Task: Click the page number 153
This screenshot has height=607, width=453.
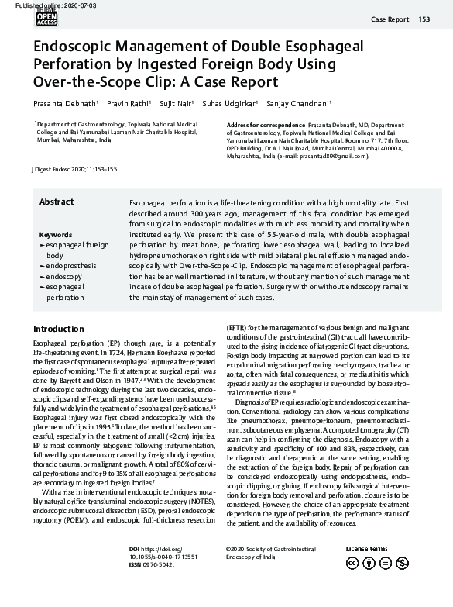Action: [x=424, y=19]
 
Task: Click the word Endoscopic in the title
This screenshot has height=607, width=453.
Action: [x=74, y=45]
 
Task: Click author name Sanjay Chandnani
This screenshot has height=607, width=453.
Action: [x=306, y=102]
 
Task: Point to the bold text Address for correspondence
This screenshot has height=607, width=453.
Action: [x=266, y=125]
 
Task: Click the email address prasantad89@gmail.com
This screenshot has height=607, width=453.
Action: [x=337, y=156]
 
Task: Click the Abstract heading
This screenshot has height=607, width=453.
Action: [x=57, y=202]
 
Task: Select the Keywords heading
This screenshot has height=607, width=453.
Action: [x=56, y=234]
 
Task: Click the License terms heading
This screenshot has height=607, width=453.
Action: [x=366, y=548]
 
